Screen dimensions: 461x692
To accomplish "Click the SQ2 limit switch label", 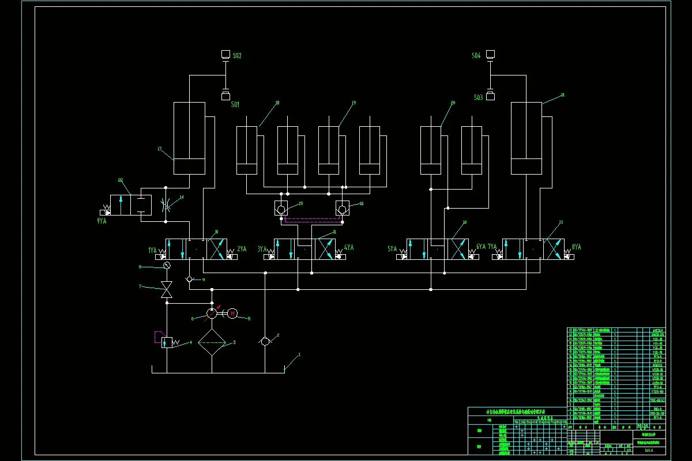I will click(236, 56).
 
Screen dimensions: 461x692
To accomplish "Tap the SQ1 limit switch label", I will click(235, 105).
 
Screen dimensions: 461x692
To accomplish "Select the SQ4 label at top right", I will click(476, 56).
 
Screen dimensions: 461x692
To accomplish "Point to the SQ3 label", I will click(478, 98).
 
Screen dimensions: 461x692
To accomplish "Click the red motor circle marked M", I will click(232, 313).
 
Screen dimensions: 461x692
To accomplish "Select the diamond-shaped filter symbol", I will click(212, 342).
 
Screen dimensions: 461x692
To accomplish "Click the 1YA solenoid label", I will click(152, 250).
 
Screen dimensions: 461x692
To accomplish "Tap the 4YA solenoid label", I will click(348, 248).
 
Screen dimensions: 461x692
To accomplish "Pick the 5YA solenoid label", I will click(392, 249).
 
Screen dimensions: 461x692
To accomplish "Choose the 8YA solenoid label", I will click(576, 247).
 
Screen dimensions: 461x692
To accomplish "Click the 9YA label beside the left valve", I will click(102, 221).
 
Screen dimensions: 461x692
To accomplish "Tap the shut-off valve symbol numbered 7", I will click(167, 290).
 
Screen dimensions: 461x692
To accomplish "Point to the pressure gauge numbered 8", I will click(167, 265).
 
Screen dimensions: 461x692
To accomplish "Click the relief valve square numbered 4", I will click(167, 342).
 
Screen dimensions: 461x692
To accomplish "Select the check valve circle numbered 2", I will click(265, 341).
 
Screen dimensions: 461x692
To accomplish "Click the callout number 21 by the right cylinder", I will click(562, 95).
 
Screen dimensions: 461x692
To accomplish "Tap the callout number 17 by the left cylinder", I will click(160, 149).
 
